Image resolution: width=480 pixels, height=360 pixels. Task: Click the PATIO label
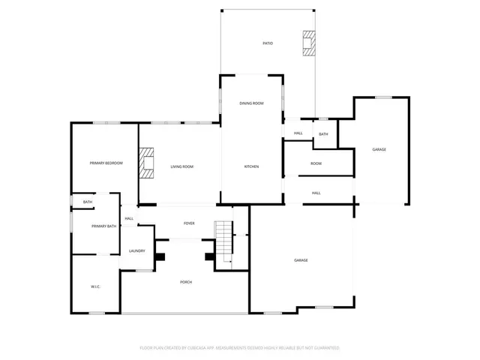tap(268, 43)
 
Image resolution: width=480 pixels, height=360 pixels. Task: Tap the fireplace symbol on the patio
tap(308, 43)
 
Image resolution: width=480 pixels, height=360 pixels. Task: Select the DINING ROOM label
tap(251, 103)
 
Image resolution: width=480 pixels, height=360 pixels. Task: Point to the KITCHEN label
tap(251, 166)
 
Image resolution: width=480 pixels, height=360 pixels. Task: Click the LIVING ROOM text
tap(181, 166)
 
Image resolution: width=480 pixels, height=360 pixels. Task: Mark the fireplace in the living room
tap(148, 163)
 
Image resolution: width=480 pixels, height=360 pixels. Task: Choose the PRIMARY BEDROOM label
tap(106, 163)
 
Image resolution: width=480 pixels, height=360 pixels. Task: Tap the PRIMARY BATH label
tap(103, 226)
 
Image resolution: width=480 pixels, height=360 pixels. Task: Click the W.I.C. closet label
tap(96, 286)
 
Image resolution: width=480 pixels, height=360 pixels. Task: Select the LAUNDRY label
tap(136, 250)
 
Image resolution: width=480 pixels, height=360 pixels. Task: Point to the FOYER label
tap(189, 223)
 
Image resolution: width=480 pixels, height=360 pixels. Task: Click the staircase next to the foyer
tap(223, 238)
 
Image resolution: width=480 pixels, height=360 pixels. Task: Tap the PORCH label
tap(186, 281)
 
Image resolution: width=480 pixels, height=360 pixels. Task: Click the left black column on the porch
tap(160, 256)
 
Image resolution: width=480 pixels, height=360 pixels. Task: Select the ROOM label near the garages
tap(316, 163)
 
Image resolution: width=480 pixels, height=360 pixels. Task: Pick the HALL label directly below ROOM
tap(316, 193)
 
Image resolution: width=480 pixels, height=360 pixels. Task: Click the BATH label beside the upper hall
tap(323, 134)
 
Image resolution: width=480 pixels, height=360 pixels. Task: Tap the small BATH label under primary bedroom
tap(88, 202)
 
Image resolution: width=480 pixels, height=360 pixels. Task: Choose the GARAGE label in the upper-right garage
tap(379, 149)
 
